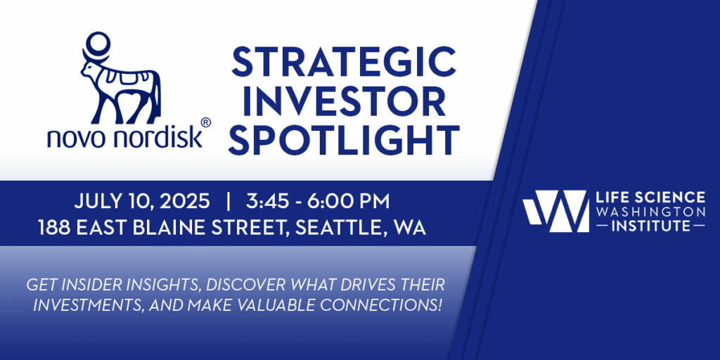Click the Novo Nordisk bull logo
click(121, 78)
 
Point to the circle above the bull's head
click(98, 44)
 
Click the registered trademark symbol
click(206, 122)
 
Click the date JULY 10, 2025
click(142, 202)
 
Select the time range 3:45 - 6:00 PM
click(317, 202)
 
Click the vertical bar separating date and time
click(229, 202)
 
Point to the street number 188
click(53, 228)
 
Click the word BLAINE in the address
click(179, 228)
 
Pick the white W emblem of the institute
click(555, 211)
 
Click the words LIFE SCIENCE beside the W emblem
click(650, 198)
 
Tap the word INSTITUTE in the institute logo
click(650, 226)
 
